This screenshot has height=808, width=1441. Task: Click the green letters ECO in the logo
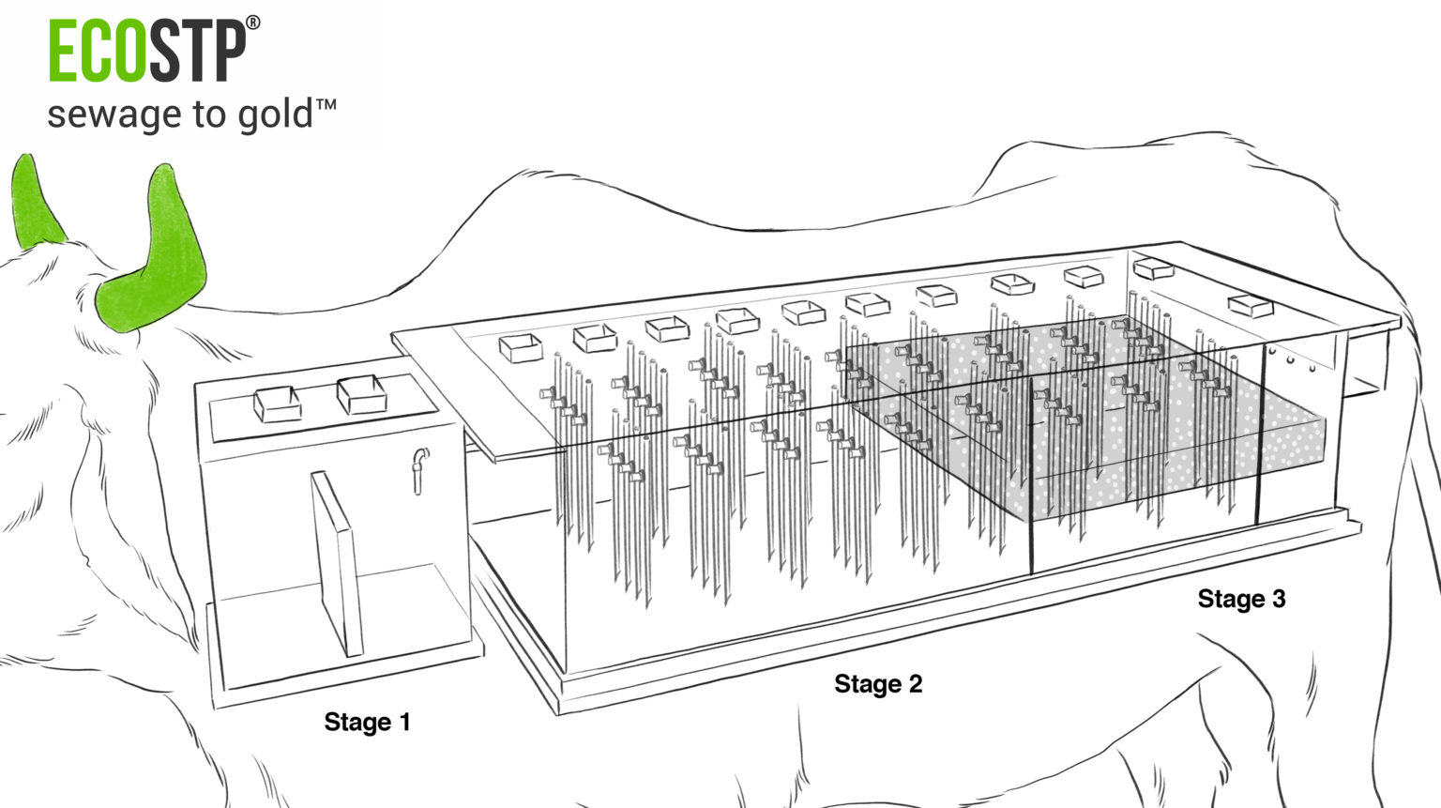pyautogui.click(x=97, y=52)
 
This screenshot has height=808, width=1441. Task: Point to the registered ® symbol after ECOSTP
pyautogui.click(x=252, y=23)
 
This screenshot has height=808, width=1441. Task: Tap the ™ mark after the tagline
pyautogui.click(x=326, y=105)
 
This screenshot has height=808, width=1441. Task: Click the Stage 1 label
pyautogui.click(x=367, y=722)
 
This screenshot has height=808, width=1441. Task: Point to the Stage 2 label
pyautogui.click(x=878, y=684)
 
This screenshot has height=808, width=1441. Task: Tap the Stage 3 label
pyautogui.click(x=1241, y=599)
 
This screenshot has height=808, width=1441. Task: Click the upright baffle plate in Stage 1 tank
pyautogui.click(x=337, y=563)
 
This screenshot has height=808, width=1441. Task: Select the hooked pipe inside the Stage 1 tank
pyautogui.click(x=419, y=469)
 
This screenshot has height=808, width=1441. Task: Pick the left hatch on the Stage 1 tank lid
pyautogui.click(x=278, y=404)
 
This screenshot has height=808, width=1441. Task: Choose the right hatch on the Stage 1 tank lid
pyautogui.click(x=361, y=394)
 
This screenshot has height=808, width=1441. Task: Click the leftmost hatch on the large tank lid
pyautogui.click(x=520, y=348)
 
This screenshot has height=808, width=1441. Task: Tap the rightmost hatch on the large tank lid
pyautogui.click(x=1251, y=305)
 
